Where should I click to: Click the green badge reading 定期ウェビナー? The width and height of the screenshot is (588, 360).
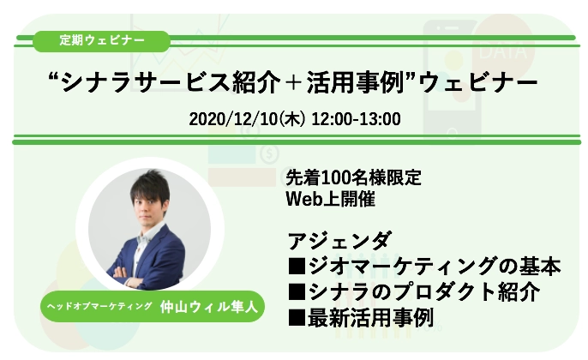pyautogui.click(x=102, y=41)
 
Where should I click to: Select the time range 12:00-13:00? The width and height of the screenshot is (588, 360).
pyautogui.click(x=356, y=119)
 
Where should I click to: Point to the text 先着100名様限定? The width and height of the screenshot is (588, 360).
pyautogui.click(x=353, y=177)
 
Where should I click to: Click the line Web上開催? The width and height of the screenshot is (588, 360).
pyautogui.click(x=330, y=199)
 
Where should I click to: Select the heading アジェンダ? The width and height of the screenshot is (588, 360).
pyautogui.click(x=339, y=241)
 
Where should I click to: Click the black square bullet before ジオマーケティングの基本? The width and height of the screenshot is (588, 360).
pyautogui.click(x=297, y=266)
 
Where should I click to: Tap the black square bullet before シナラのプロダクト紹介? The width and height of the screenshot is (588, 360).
pyautogui.click(x=297, y=291)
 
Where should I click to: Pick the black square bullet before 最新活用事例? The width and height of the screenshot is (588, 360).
pyautogui.click(x=297, y=318)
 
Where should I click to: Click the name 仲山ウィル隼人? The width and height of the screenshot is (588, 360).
pyautogui.click(x=209, y=307)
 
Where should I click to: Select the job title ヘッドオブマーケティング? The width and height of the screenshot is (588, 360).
pyautogui.click(x=99, y=306)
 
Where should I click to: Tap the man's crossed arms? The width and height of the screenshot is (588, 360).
pyautogui.click(x=129, y=276)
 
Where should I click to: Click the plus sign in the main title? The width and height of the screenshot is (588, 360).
pyautogui.click(x=294, y=82)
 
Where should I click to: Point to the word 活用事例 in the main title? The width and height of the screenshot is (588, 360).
pyautogui.click(x=354, y=82)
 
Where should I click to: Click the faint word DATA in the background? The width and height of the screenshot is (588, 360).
pyautogui.click(x=502, y=51)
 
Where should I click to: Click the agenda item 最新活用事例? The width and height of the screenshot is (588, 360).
pyautogui.click(x=370, y=318)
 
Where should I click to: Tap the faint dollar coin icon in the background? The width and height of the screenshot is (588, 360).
pyautogui.click(x=269, y=153)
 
